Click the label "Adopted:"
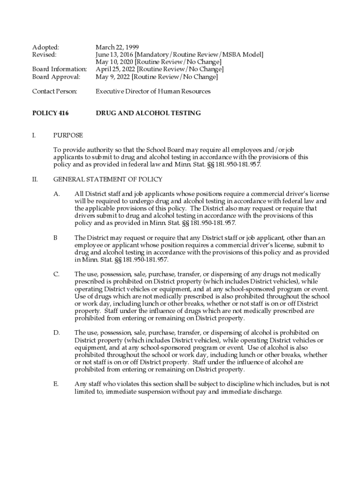pos(45,47)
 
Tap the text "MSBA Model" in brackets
pos(245,55)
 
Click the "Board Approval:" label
pos(56,77)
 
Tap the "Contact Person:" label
pos(54,91)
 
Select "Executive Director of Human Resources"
pos(153,91)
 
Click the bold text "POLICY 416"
pos(50,113)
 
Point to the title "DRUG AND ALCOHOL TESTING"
pos(148,113)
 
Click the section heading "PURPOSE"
pos(68,135)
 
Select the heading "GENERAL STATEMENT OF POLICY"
pos(108,179)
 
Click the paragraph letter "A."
pos(56,194)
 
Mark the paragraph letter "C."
pos(56,274)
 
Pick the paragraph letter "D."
pos(57,333)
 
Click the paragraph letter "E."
pos(56,384)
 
